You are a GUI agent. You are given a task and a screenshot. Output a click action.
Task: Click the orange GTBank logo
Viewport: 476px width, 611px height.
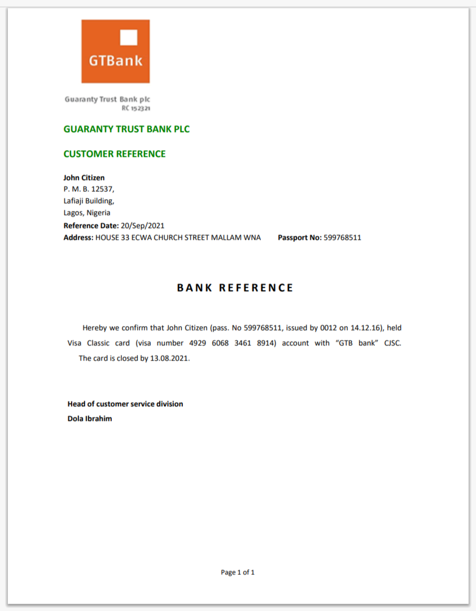pos(115,51)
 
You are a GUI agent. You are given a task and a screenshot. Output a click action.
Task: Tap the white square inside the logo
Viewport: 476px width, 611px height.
pos(129,37)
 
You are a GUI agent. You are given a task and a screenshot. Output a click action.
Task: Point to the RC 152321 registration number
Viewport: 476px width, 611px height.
pos(136,107)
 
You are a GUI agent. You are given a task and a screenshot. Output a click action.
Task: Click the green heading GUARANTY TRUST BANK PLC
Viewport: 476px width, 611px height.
pos(126,129)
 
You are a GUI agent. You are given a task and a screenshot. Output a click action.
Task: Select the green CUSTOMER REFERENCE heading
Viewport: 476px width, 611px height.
pos(115,154)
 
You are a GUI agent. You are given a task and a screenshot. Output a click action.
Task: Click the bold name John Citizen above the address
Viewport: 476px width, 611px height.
pos(84,178)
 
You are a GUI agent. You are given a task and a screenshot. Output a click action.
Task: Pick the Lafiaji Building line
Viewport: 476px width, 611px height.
pos(89,201)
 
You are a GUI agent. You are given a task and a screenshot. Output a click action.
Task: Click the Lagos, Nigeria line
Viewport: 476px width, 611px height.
pos(87,213)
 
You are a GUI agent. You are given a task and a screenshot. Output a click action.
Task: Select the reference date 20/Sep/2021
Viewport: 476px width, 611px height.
pos(143,226)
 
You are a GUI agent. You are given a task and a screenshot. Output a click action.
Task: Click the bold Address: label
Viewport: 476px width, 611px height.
pos(78,238)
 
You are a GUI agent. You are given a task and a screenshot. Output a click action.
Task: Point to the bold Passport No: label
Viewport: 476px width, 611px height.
pos(299,238)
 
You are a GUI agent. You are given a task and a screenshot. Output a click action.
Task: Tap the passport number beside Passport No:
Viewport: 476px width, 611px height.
pos(342,238)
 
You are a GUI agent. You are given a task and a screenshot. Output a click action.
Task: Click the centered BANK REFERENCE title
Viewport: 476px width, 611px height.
pos(235,288)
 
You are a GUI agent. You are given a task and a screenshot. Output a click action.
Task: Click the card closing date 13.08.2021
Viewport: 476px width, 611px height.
pos(170,358)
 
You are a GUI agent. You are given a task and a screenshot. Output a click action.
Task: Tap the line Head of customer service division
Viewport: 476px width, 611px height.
pos(125,404)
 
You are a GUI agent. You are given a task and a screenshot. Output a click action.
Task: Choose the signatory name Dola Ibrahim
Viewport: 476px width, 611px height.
pos(90,419)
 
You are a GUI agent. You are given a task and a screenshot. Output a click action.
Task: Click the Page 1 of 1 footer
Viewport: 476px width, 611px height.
pos(238,572)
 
